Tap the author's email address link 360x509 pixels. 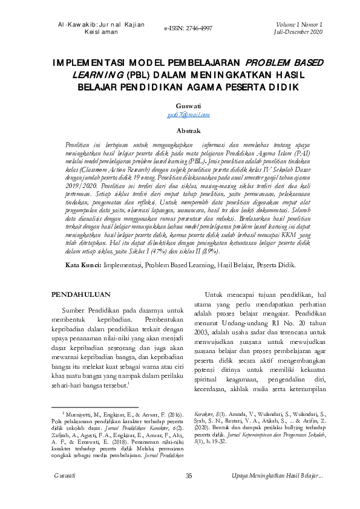[180, 114]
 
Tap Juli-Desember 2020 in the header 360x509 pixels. [299, 31]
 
